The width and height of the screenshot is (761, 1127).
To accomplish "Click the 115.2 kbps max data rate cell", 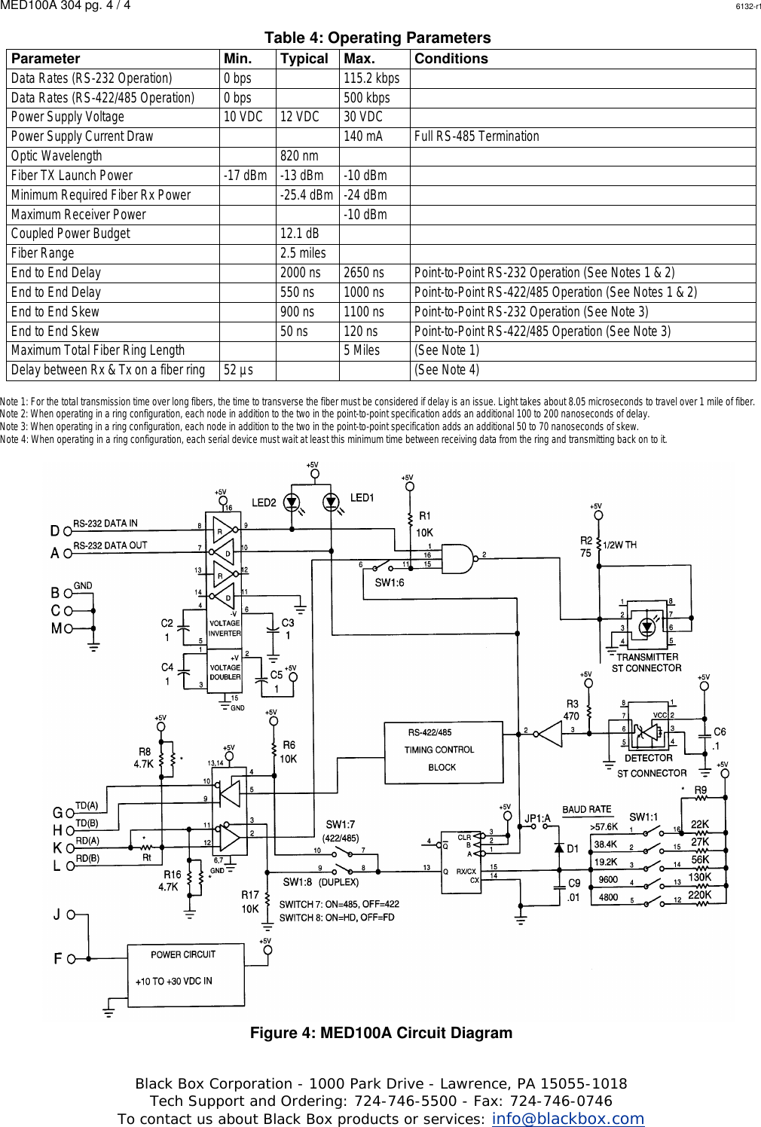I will coord(371,78).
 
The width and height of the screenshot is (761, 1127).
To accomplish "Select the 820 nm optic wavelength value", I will coord(299,156).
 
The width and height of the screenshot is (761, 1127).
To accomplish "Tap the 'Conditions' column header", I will coord(451,59).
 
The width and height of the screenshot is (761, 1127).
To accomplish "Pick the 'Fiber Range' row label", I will coord(43,253).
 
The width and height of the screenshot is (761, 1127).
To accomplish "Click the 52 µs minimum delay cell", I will coord(238,370).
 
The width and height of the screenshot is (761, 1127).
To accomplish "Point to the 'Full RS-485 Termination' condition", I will coord(476,136).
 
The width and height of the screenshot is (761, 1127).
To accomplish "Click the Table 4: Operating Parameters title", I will coord(377,38).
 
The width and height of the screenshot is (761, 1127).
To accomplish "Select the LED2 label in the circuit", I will coord(264,502).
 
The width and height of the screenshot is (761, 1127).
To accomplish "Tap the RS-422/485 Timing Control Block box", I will coord(441,750).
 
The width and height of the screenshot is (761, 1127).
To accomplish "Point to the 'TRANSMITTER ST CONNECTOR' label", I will coord(646,662).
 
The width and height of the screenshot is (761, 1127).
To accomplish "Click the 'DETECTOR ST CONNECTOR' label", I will coord(651,765).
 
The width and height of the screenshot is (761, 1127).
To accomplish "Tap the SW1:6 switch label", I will coord(390,582).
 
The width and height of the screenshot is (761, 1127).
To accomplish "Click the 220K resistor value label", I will coord(699,895).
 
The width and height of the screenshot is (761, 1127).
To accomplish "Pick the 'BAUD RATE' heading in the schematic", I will coord(586,809).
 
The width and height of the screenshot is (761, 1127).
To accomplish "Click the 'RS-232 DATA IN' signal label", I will coord(105,523).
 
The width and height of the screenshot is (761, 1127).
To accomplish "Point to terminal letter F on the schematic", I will coord(57,959).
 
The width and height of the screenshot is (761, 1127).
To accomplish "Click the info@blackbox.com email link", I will coord(567,1119).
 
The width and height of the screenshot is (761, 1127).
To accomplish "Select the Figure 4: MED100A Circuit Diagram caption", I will coord(380,1033).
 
